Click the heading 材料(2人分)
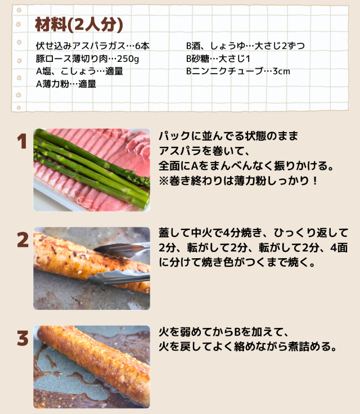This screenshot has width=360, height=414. point(79,25)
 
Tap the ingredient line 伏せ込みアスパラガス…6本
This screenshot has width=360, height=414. point(93,46)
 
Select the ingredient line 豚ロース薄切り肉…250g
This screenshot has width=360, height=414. point(87,58)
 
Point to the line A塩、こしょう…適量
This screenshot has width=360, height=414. point(79,71)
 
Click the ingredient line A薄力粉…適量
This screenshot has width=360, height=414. point(66,84)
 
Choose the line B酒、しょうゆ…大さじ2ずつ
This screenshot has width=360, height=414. point(245,46)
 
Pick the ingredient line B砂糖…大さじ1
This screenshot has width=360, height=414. point(218,58)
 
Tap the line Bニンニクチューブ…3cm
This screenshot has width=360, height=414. point(238,71)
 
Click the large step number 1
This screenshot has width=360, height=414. point(22,141)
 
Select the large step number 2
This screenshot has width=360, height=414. point(22,240)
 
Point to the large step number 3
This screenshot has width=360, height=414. point(22,339)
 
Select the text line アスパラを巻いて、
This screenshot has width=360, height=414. point(204,151)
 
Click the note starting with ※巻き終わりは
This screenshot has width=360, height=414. point(238,181)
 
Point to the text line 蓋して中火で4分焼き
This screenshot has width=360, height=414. point(253,233)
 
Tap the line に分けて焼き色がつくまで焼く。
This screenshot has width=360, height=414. point(237,263)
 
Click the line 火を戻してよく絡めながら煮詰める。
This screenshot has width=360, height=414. point(247,346)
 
